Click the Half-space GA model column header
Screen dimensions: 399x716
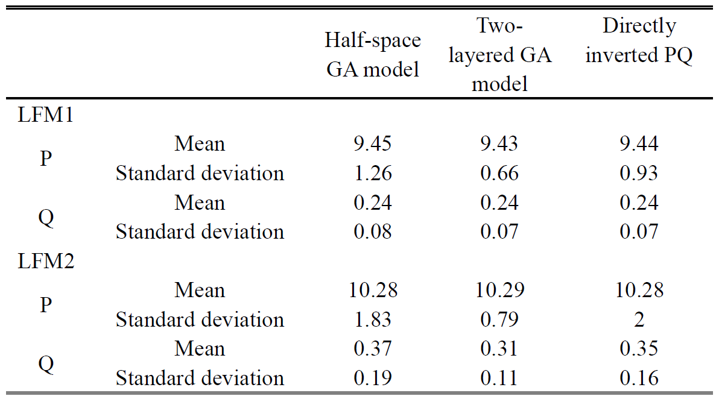pyautogui.click(x=372, y=55)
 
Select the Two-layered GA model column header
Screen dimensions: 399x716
pyautogui.click(x=499, y=55)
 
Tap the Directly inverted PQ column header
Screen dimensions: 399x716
pyautogui.click(x=639, y=40)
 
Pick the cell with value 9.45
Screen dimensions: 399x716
pyautogui.click(x=372, y=144)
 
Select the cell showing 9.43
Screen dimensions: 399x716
pyautogui.click(x=499, y=144)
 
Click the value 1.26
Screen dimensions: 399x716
pyautogui.click(x=372, y=174)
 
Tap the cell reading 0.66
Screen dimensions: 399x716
pyautogui.click(x=499, y=174)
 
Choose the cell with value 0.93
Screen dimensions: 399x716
pyautogui.click(x=639, y=174)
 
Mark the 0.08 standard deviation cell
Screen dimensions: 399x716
pyautogui.click(x=372, y=232)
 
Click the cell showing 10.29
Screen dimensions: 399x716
pyautogui.click(x=499, y=291)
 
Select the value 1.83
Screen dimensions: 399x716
pyautogui.click(x=372, y=319)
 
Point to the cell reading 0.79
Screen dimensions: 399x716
pyautogui.click(x=499, y=319)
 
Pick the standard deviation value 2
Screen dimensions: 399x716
pyautogui.click(x=639, y=319)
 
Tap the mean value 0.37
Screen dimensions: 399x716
pyautogui.click(x=372, y=349)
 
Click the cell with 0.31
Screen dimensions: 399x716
pyautogui.click(x=499, y=349)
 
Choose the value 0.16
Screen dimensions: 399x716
pyautogui.click(x=639, y=378)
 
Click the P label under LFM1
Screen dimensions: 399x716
pyautogui.click(x=46, y=159)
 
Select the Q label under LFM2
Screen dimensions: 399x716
pyautogui.click(x=46, y=364)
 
